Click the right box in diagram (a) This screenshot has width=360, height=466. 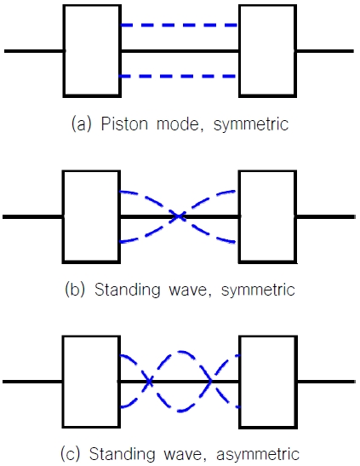(266, 51)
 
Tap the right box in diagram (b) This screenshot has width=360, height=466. (266, 216)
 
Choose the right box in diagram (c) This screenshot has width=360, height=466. (266, 381)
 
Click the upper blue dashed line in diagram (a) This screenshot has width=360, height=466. (180, 25)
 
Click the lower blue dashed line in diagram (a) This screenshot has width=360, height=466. (180, 77)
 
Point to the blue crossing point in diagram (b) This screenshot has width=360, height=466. (179, 216)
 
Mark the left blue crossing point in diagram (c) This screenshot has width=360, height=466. (149, 381)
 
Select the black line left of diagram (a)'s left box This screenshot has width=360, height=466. (34, 51)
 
